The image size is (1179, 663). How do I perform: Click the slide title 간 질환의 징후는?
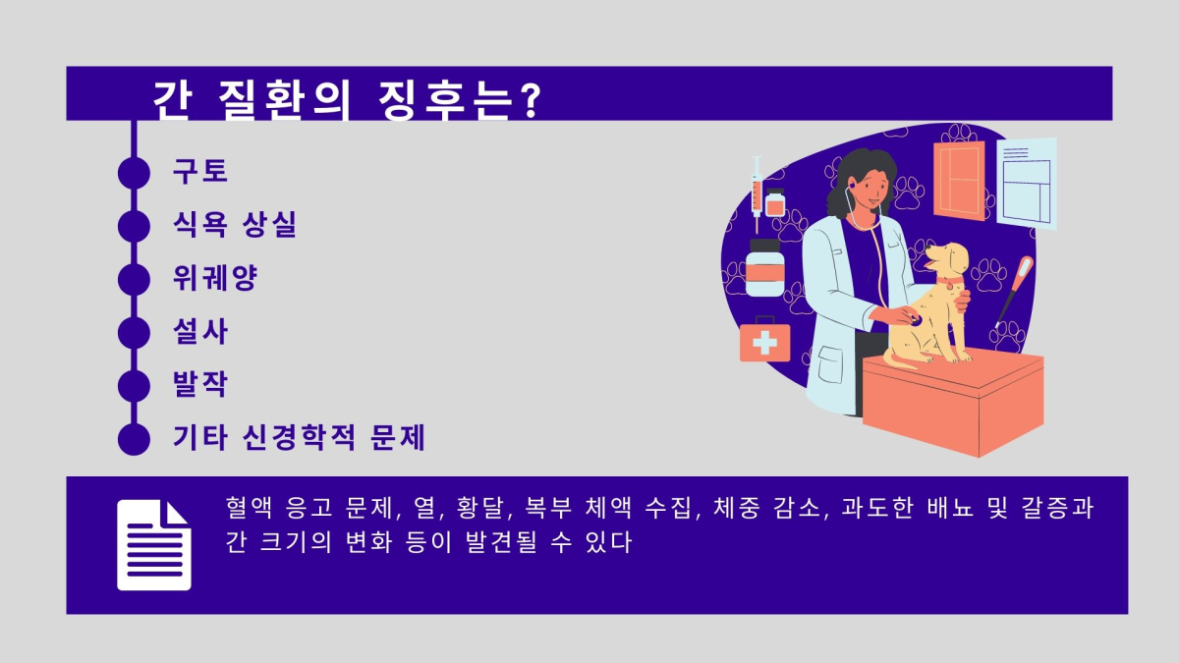click(x=346, y=98)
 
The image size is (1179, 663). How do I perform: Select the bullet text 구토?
click(x=200, y=171)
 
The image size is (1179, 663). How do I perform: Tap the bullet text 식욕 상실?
click(x=235, y=225)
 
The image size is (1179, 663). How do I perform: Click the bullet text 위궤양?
click(x=215, y=279)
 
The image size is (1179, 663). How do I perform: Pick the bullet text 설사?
click(x=200, y=332)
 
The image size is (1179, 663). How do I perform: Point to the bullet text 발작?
click(x=200, y=385)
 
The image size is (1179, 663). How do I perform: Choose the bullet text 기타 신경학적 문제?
click(x=299, y=438)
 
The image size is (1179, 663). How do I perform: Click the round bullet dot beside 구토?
click(x=133, y=172)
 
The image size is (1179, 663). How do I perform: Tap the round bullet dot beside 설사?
click(x=133, y=333)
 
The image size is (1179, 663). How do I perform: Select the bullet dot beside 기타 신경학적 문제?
click(x=133, y=439)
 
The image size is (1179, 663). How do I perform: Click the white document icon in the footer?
click(x=154, y=545)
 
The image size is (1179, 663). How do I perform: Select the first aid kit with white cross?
click(x=764, y=341)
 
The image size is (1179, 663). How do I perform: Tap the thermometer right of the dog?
click(x=1014, y=290)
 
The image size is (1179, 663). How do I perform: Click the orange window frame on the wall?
click(x=959, y=181)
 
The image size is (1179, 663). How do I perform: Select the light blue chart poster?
click(x=1027, y=183)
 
